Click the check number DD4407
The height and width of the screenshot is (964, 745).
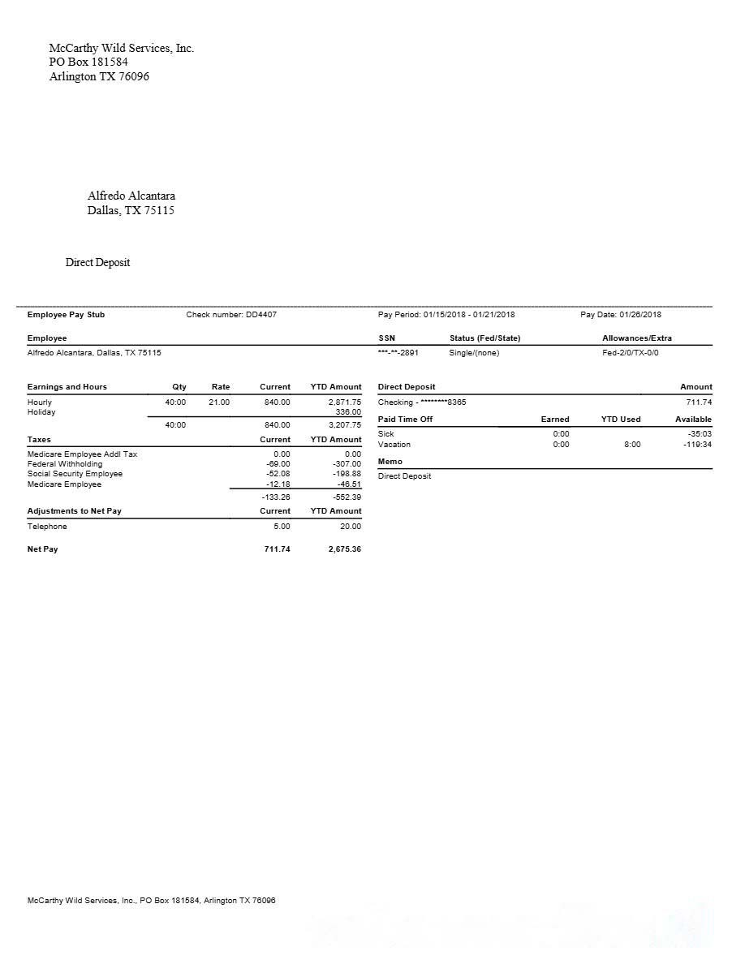(261, 315)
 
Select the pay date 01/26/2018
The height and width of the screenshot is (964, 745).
(640, 315)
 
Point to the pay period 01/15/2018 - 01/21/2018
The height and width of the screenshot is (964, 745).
(468, 315)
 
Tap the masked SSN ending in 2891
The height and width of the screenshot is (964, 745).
(398, 353)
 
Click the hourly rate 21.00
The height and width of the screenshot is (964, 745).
(219, 402)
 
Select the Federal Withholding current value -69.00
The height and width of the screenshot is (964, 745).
(278, 464)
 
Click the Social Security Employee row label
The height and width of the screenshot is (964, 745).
(75, 474)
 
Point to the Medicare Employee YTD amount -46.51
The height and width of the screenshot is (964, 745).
(349, 484)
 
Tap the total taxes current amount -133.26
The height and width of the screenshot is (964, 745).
(276, 497)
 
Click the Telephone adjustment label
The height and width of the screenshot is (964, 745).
(47, 527)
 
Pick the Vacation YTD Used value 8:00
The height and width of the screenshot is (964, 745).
(631, 445)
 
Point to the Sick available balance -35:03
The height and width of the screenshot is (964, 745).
(699, 434)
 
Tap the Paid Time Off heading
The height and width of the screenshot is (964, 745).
(405, 420)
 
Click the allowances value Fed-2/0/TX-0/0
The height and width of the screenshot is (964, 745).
(631, 353)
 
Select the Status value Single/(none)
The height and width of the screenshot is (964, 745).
(474, 353)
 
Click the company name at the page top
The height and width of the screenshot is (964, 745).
(122, 49)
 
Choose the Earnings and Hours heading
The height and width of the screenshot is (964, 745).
(67, 387)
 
